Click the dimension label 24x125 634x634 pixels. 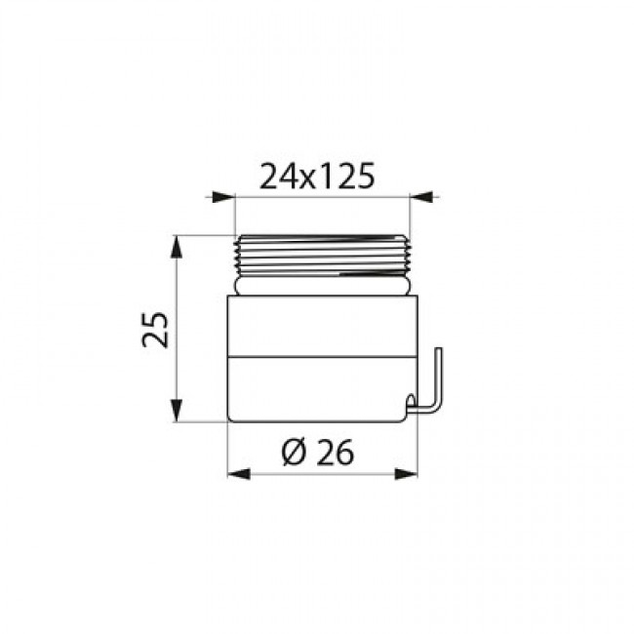tap(317, 177)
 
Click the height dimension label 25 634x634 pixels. tap(155, 330)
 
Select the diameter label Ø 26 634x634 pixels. tap(318, 452)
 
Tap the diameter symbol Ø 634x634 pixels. tap(295, 452)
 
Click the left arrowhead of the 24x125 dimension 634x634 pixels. tap(223, 197)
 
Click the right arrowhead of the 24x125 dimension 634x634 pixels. tap(421, 197)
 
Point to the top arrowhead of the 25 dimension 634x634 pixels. tap(176, 247)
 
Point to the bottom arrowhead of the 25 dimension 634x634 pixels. tap(176, 410)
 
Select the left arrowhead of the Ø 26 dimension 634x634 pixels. tap(239, 474)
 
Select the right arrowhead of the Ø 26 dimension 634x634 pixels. tap(406, 474)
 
